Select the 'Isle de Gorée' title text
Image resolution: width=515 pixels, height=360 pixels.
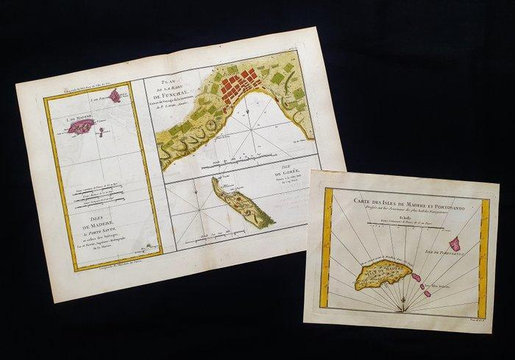[x=295, y=173]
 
